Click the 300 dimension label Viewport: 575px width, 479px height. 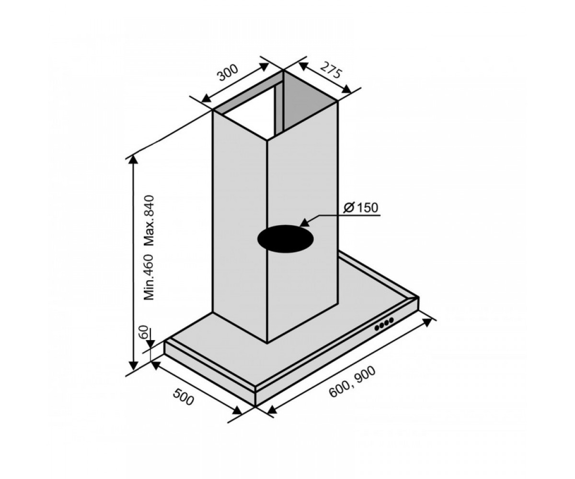(228, 73)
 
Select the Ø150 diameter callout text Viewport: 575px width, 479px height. (361, 208)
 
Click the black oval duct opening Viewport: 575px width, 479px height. (285, 239)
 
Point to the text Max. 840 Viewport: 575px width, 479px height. (149, 220)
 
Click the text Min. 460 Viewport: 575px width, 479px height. (149, 277)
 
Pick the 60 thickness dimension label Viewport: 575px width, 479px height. (144, 332)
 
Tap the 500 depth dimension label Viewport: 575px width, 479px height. (184, 397)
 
